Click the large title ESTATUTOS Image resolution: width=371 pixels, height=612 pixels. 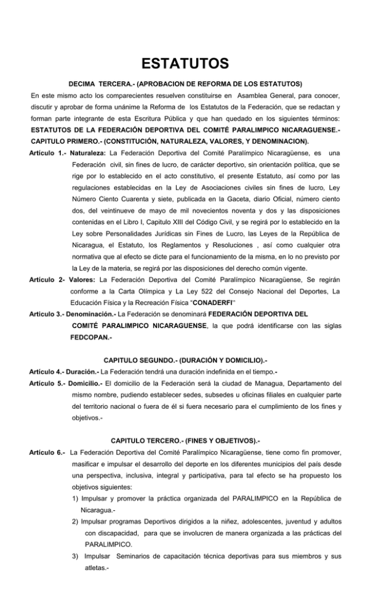pos(185,64)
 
